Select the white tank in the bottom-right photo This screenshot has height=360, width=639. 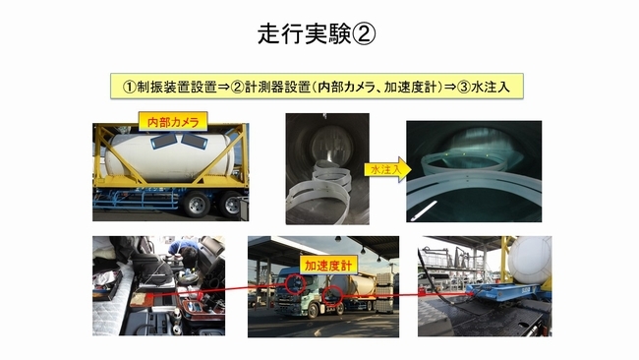tap(531, 256)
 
